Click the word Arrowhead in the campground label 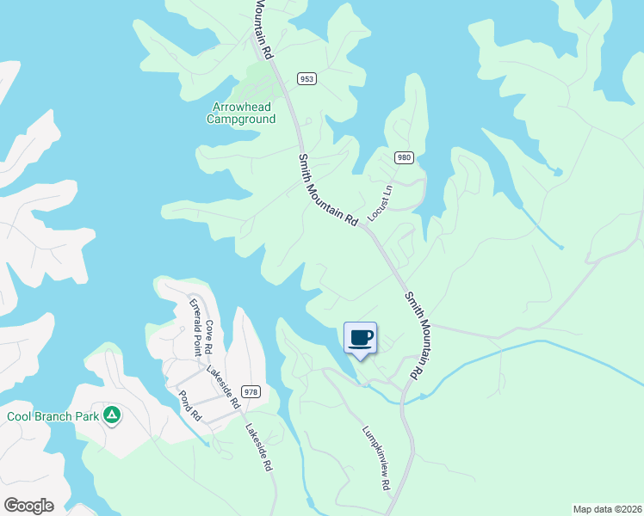[x=240, y=107]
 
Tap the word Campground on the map [x=240, y=120]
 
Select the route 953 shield [x=307, y=78]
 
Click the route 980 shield [x=404, y=157]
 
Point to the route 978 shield [x=251, y=392]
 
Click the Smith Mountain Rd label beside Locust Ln [x=327, y=190]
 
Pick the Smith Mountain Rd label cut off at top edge [x=263, y=29]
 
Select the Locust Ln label [x=380, y=203]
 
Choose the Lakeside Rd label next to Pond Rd [x=223, y=386]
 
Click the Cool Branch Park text [x=49, y=416]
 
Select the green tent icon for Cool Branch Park [x=111, y=416]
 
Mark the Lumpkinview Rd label [x=376, y=458]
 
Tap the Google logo [x=28, y=506]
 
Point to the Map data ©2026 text [x=606, y=509]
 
